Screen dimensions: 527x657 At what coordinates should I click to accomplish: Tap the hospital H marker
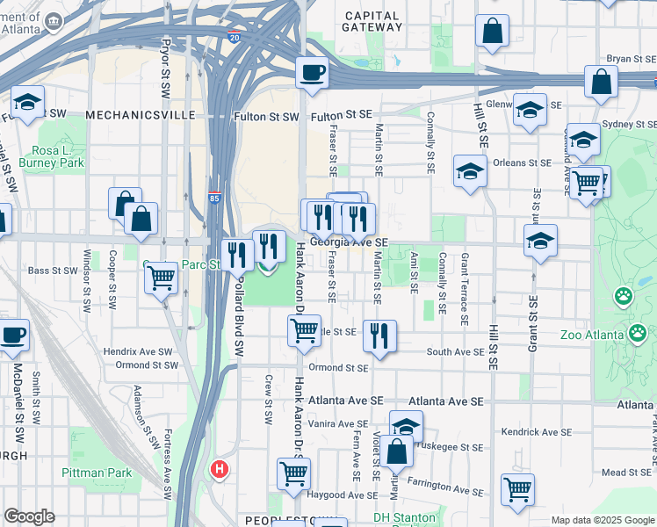219,470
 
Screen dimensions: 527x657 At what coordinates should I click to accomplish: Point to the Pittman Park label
97,473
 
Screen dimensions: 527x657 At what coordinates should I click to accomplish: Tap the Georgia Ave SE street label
349,242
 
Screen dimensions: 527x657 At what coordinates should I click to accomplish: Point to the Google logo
29,516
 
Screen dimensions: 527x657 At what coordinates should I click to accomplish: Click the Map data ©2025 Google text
602,520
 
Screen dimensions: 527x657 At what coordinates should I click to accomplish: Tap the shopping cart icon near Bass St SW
161,278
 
